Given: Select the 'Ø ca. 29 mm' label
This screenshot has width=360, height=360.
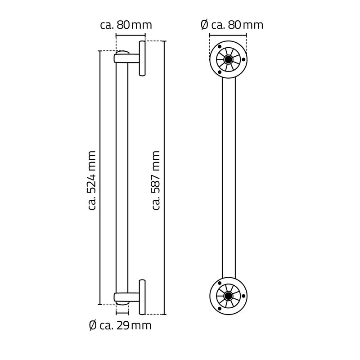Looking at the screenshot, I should point(120,325).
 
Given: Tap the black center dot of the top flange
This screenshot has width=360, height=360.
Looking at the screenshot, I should point(229,59).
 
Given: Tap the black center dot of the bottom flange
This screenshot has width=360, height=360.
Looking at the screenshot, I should point(229,296).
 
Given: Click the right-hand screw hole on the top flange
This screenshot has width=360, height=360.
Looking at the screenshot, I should point(243,59).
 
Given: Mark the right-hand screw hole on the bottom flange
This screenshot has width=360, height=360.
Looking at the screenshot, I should point(243,296).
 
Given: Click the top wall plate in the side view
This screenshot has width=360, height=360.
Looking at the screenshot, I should point(142,59).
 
